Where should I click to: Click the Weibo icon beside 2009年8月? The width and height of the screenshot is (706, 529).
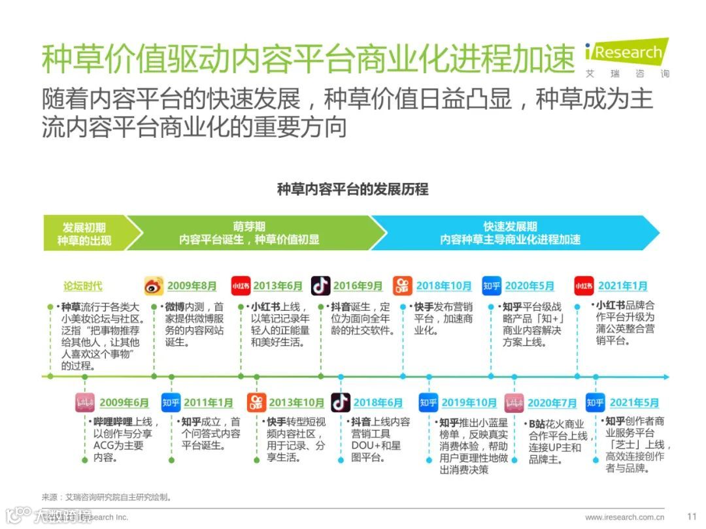click(154, 286)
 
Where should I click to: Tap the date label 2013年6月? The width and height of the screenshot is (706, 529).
click(278, 286)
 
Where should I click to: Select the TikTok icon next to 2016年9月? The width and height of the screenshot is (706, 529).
click(320, 285)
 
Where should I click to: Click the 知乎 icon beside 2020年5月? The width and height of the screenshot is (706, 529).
click(492, 286)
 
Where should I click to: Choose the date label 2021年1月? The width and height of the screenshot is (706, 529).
click(622, 286)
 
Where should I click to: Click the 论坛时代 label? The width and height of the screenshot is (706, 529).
click(82, 286)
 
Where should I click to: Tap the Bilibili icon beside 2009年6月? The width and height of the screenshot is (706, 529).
click(85, 402)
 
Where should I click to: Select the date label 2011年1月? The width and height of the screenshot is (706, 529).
click(208, 403)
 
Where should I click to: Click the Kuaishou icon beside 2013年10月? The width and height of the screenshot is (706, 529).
click(257, 402)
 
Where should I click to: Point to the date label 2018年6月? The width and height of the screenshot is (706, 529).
click(378, 403)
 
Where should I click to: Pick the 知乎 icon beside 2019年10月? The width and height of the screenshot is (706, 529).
click(428, 403)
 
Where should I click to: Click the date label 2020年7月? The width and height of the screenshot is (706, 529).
click(552, 403)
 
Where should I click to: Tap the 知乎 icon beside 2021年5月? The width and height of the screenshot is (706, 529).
click(595, 403)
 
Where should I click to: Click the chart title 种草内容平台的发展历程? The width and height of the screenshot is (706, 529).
click(352, 189)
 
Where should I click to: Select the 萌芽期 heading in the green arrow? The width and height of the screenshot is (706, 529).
click(249, 227)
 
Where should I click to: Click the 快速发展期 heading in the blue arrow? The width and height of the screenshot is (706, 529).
click(510, 227)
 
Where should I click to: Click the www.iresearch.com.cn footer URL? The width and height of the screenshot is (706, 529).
click(625, 517)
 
